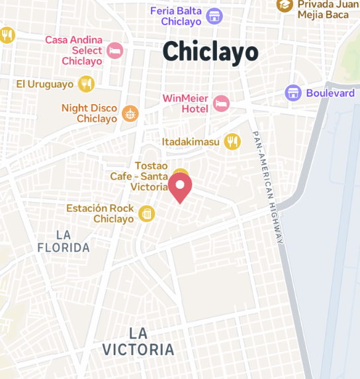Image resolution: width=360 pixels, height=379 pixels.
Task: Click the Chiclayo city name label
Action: [210, 52]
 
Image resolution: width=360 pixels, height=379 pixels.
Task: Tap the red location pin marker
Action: [180, 189]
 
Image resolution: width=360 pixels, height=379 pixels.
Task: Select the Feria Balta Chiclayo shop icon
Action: [214, 16]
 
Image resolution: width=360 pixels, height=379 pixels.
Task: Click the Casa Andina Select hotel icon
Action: [115, 50]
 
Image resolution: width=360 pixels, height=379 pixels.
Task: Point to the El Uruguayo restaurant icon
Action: [85, 84]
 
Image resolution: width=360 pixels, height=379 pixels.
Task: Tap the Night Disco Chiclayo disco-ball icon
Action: [130, 113]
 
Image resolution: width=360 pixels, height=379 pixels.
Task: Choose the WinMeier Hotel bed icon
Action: [221, 103]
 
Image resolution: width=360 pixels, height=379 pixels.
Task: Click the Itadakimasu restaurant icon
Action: [232, 141]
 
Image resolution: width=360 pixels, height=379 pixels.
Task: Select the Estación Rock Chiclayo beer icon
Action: [146, 213]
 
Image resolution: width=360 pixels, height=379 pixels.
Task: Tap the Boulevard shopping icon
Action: [293, 93]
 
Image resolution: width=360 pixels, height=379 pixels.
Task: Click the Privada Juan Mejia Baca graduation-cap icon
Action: [285, 5]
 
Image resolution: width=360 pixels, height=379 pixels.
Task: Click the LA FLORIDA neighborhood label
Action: [64, 241]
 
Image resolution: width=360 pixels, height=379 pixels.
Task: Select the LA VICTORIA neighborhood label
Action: [138, 341]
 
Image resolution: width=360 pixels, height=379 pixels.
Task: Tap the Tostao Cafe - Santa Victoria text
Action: [142, 176]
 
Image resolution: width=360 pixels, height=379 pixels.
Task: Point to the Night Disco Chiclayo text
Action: [89, 113]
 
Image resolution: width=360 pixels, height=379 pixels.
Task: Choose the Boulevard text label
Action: [330, 93]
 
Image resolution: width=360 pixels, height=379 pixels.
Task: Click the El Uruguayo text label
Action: [45, 84]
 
